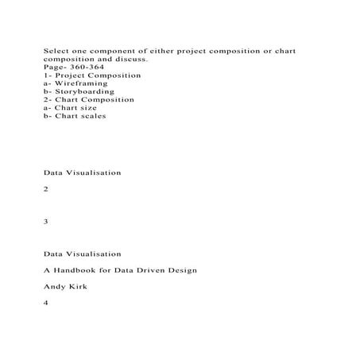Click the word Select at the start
(x=54, y=50)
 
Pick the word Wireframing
(x=79, y=83)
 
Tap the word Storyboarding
(x=83, y=91)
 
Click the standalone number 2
(x=47, y=189)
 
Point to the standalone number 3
(x=47, y=222)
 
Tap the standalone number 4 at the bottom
(x=47, y=303)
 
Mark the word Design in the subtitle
(x=184, y=270)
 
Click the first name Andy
(x=53, y=287)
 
